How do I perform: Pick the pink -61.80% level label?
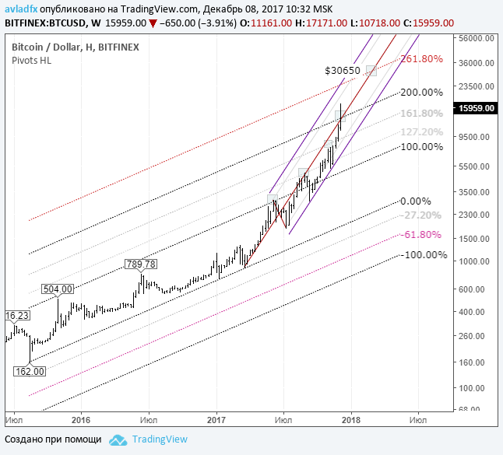[423, 234]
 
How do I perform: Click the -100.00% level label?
[424, 255]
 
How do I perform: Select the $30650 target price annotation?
[343, 71]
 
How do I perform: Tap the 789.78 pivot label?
[141, 264]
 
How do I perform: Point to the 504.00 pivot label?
[58, 289]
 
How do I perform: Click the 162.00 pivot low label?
[30, 372]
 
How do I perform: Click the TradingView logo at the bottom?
[149, 439]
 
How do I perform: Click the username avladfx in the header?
[21, 8]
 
